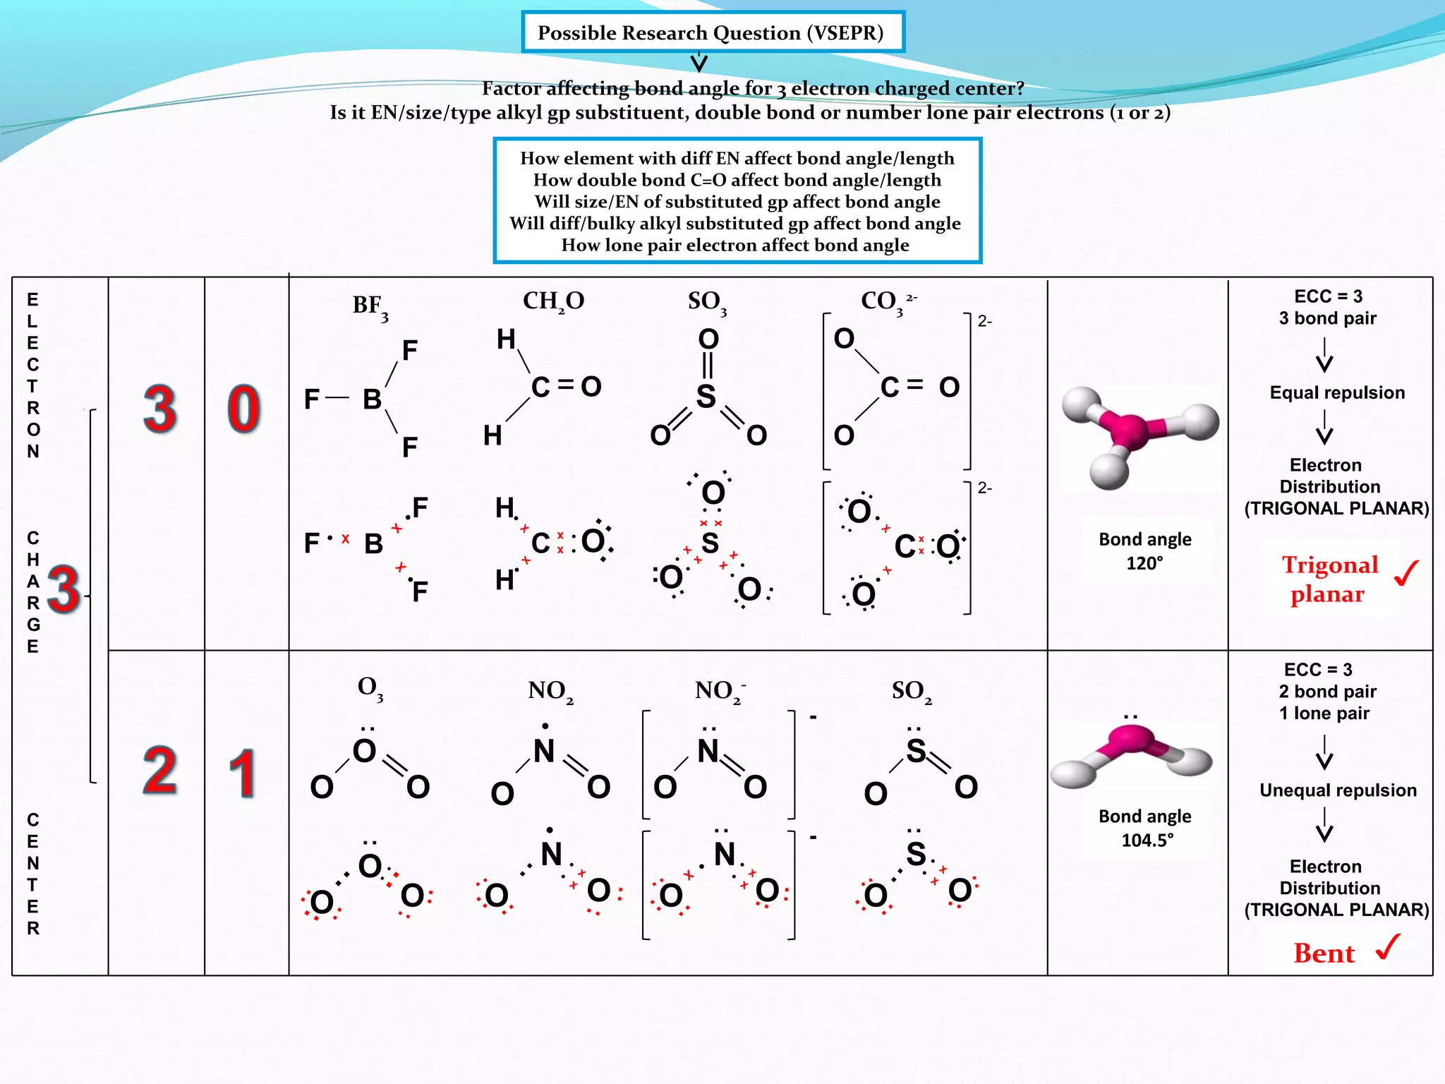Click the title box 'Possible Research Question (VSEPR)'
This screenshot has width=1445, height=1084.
coord(712,32)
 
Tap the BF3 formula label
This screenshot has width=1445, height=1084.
coord(370,306)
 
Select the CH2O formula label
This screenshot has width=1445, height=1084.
coord(553,301)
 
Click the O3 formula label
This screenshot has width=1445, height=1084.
coord(370,688)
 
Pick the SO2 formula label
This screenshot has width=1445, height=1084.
coord(911,691)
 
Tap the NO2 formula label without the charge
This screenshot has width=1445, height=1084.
coord(550,691)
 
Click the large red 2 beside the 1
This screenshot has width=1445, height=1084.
coord(160,771)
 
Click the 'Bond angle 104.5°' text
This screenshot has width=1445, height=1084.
coord(1144,828)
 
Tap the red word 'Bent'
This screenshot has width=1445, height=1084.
coord(1324,953)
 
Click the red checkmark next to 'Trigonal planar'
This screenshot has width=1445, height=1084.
coord(1407,572)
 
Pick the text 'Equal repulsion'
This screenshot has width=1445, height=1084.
coord(1337,392)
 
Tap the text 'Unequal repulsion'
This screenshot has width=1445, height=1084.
coord(1338,790)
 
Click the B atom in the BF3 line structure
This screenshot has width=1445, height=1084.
coord(372,399)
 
